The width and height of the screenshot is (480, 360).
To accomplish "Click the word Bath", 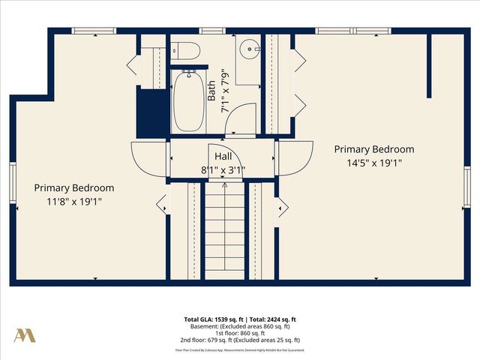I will click(x=211, y=91).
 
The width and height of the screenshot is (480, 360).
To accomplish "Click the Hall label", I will click(x=223, y=156).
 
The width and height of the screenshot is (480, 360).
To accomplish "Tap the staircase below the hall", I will click(x=223, y=232).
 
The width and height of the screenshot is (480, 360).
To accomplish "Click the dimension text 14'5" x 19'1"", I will click(x=373, y=162).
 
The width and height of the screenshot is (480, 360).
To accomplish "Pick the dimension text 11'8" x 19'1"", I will click(x=73, y=201).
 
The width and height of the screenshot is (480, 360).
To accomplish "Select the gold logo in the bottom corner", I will click(x=25, y=335).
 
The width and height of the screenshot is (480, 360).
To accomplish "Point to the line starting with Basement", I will click(x=240, y=326).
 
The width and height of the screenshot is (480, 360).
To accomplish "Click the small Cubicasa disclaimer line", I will click(x=240, y=349).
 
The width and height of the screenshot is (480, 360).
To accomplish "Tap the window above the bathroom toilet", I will click(x=211, y=31).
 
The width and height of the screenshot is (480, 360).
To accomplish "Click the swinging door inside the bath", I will click(x=240, y=120).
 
